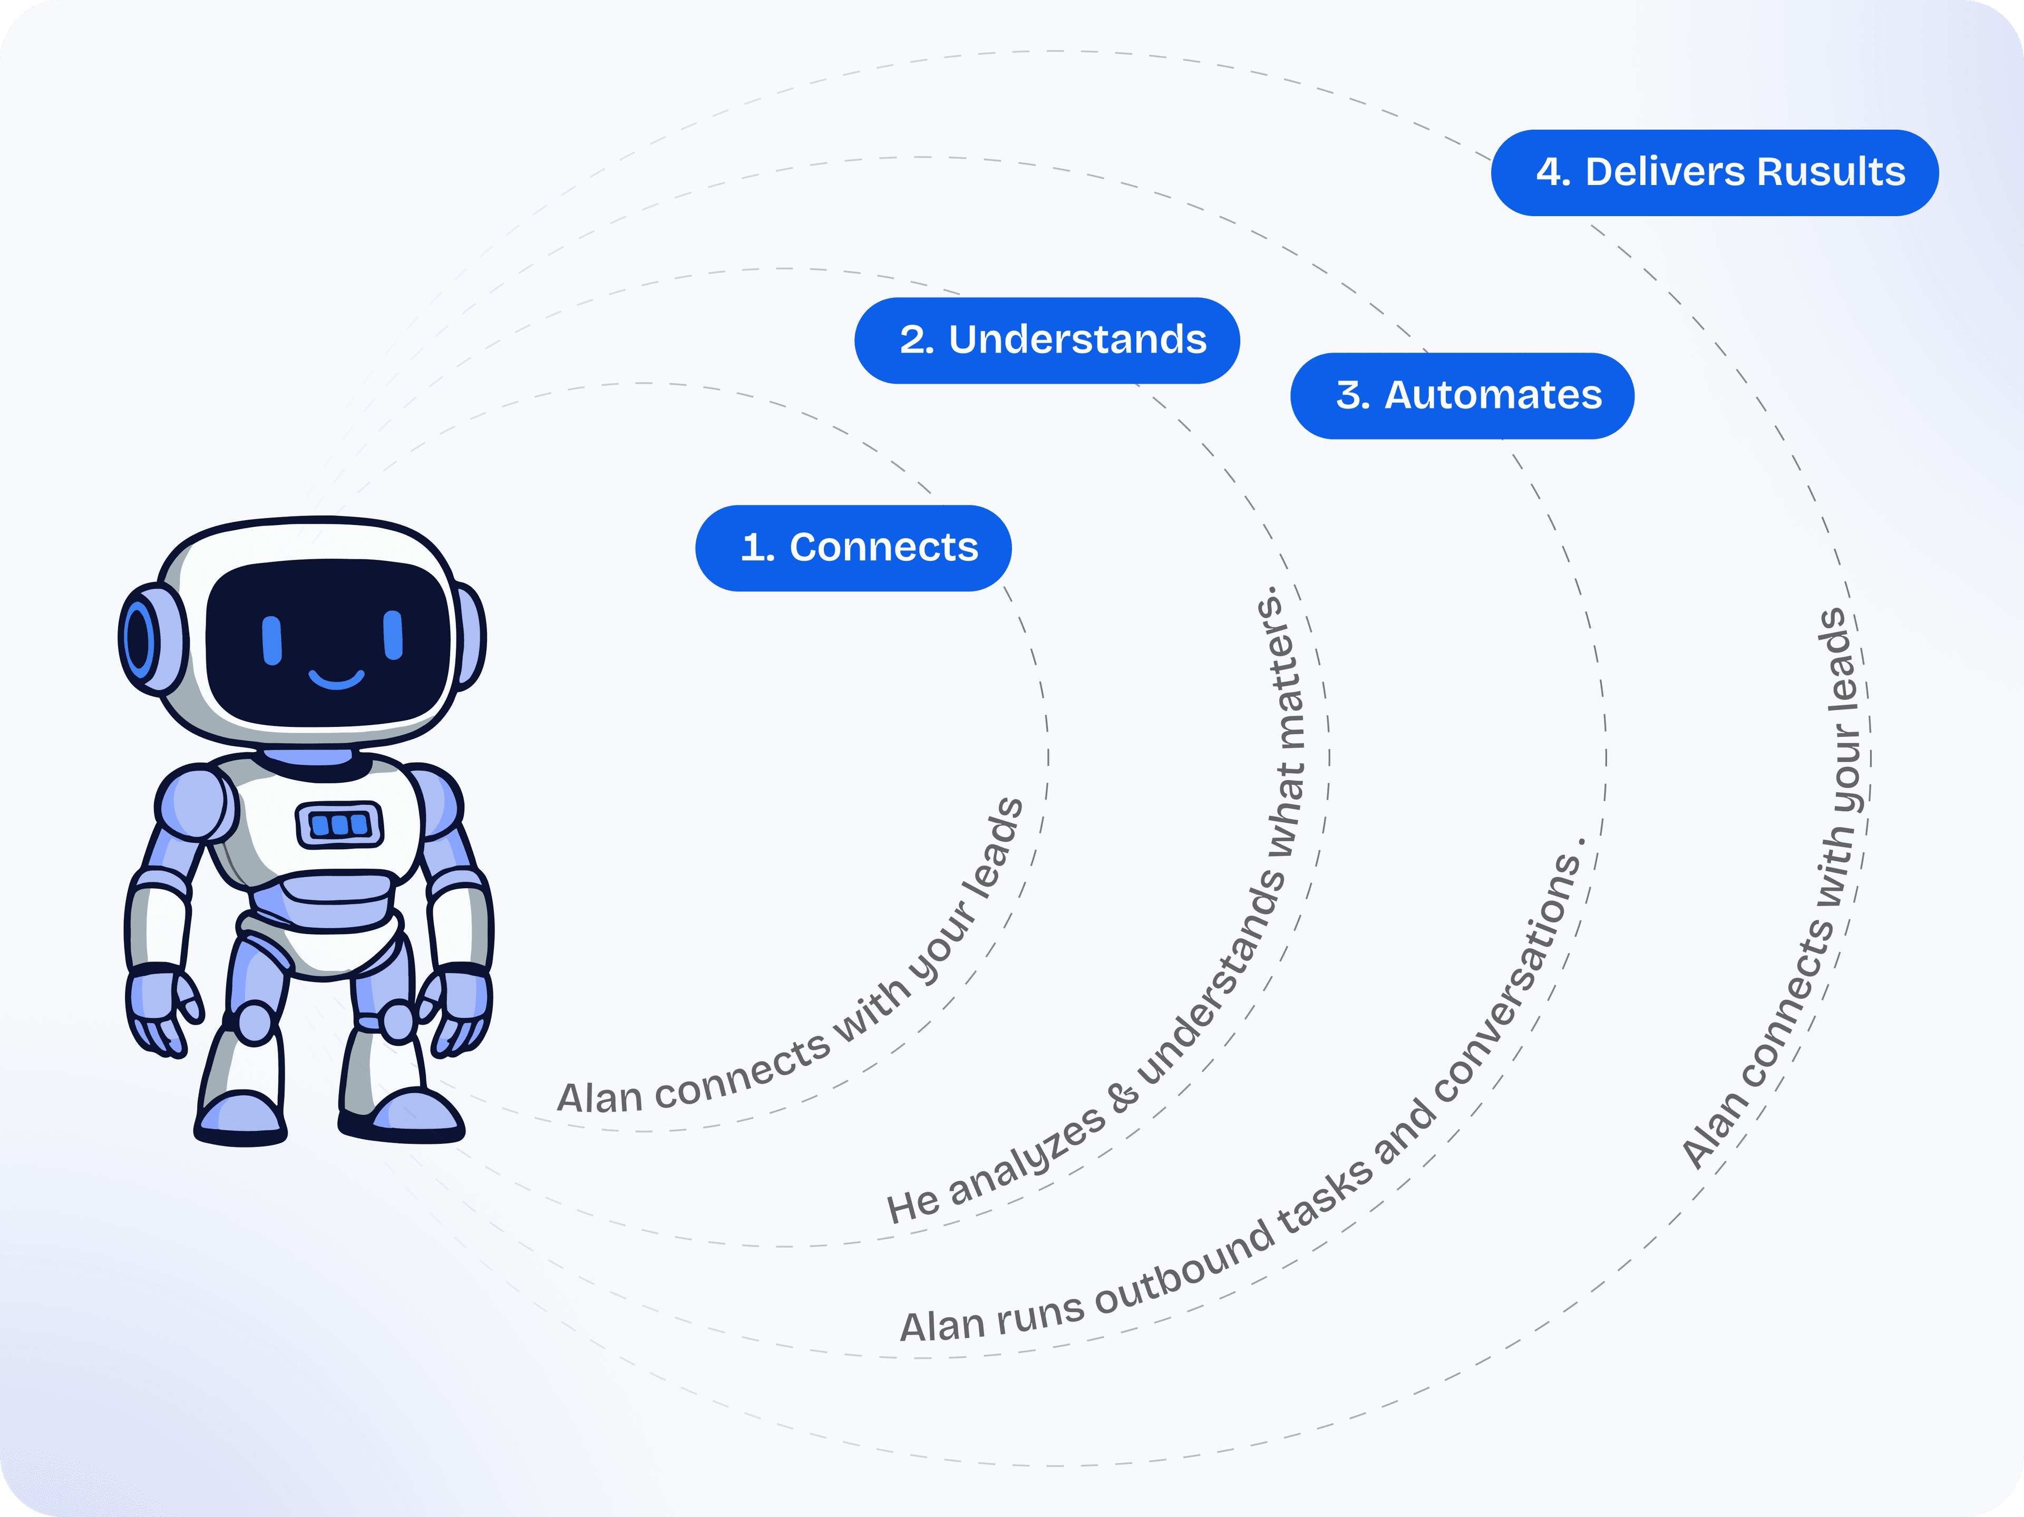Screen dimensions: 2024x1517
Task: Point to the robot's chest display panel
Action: (x=339, y=824)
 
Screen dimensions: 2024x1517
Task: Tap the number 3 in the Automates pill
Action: (x=1349, y=395)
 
